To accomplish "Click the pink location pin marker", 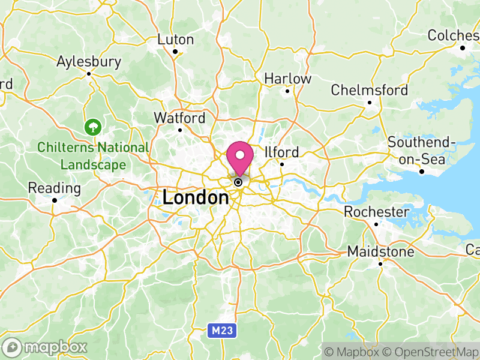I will coord(240,158).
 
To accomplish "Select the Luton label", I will coord(176,40).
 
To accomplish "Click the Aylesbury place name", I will coord(89,61).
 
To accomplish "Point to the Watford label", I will coord(179,118).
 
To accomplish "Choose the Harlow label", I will coord(288,79).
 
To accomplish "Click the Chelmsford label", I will coord(370,91).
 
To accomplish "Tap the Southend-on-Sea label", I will coord(422,150).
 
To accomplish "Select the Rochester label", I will coord(376,212).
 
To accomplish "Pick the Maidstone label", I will coord(380,251).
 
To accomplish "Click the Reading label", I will coord(55,188).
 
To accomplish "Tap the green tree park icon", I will coord(92,127).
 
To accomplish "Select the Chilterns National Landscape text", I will coord(92,156).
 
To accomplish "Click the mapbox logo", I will coord(45,347).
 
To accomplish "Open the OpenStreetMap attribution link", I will coord(431,351).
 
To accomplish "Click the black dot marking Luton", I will coord(175,52).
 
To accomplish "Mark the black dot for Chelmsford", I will coord(370,103).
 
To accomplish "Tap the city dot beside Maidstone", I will coord(380,263).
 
